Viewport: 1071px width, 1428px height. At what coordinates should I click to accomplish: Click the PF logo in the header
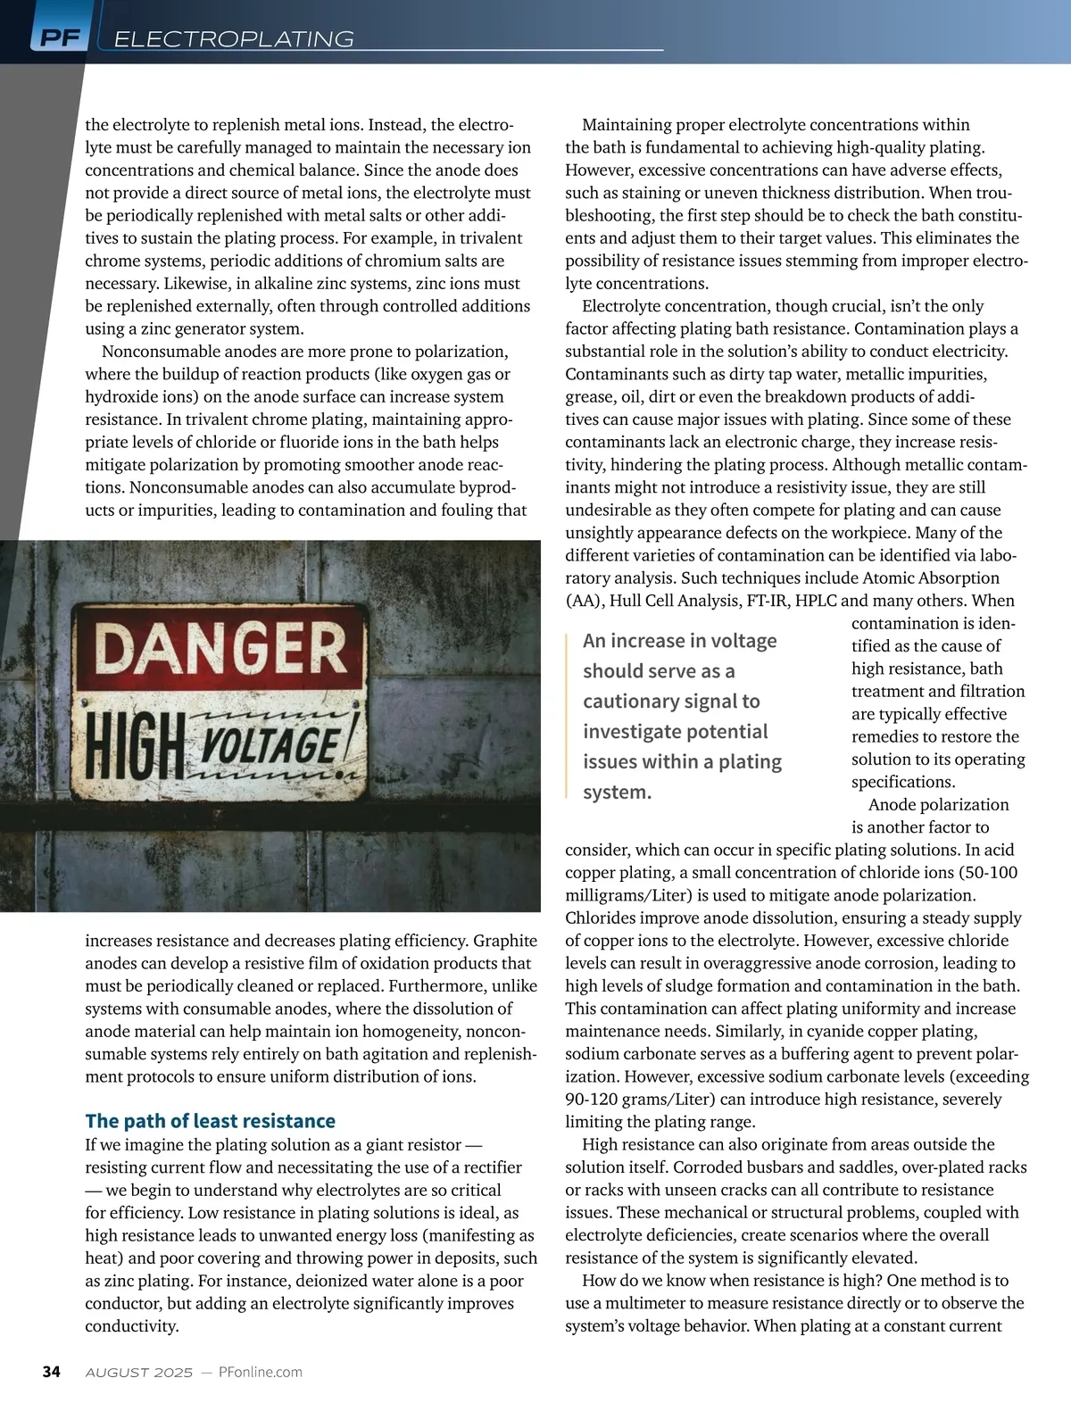pos(60,37)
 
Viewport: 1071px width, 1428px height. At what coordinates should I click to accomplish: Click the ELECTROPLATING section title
pos(235,39)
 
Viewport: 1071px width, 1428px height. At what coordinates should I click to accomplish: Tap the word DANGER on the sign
pos(220,648)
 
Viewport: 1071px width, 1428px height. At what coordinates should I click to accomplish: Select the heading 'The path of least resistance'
pos(210,1121)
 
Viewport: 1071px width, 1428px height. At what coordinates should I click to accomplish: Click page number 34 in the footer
pos(52,1372)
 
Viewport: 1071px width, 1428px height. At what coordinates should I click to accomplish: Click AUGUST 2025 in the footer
pos(138,1373)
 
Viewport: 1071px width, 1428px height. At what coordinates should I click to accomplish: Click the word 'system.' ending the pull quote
pos(617,792)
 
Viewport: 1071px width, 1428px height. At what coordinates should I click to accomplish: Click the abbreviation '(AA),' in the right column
pos(585,601)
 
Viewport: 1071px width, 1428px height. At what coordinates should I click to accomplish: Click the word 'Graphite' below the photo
pos(505,941)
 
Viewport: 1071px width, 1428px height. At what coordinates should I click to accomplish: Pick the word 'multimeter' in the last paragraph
pos(648,1303)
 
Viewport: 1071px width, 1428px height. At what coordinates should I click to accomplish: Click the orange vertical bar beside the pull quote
pos(567,714)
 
